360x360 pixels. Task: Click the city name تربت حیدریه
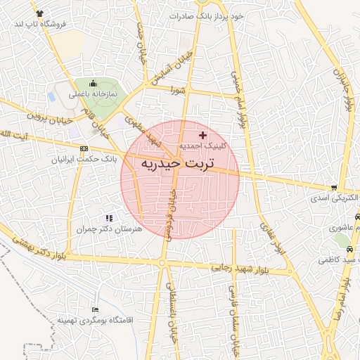point(179,164)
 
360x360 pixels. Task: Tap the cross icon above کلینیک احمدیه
point(203,134)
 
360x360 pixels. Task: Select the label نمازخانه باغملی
point(91,94)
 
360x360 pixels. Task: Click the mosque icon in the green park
point(92,83)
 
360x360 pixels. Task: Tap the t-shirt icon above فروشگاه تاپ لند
point(38,13)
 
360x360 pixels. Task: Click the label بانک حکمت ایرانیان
point(77,159)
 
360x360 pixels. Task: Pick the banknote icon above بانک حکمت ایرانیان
point(84,148)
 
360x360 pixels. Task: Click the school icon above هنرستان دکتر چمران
point(108,219)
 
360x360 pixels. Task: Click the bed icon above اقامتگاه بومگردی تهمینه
point(96,309)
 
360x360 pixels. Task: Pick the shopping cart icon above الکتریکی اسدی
point(333,188)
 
